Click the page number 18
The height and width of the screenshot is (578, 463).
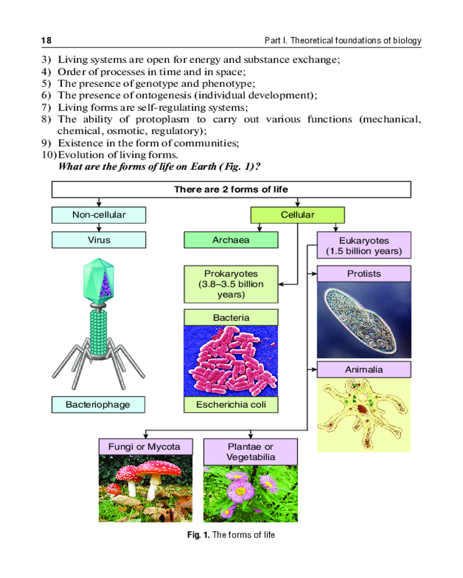point(46,41)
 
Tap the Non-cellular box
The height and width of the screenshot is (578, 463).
point(98,215)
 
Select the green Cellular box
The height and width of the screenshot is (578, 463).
point(297,215)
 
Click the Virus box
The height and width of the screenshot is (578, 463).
point(98,240)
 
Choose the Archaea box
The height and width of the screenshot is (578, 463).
point(231,240)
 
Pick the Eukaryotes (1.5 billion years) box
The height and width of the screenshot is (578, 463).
point(364,245)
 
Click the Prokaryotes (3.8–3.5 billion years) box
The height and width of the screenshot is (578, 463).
point(231,284)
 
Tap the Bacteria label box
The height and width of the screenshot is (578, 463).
point(231,317)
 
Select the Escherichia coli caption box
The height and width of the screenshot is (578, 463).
point(231,405)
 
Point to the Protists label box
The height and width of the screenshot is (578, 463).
point(364,273)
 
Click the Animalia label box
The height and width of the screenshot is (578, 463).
point(364,369)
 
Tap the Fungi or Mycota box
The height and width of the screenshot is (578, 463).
point(144,447)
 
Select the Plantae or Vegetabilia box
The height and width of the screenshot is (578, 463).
point(251,451)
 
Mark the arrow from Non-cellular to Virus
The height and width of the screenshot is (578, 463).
point(98,227)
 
